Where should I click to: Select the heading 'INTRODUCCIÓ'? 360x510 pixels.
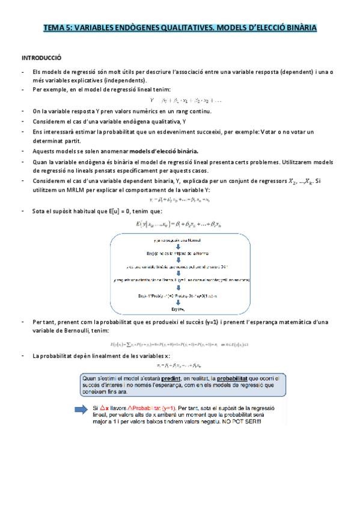pyautogui.click(x=41, y=58)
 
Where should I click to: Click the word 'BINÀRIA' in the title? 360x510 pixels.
pyautogui.click(x=296, y=28)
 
